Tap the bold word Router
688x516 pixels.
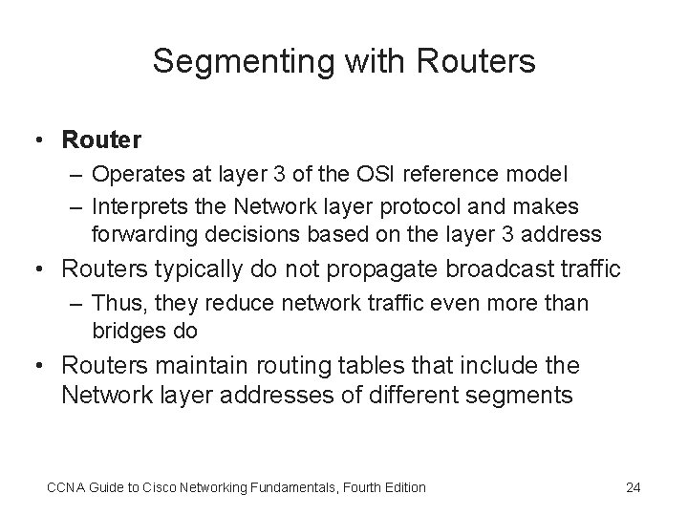(x=101, y=140)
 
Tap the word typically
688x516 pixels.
(x=194, y=270)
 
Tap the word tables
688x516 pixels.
(x=383, y=365)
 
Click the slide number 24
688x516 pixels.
(x=633, y=487)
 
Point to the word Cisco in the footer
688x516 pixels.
(x=155, y=487)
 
